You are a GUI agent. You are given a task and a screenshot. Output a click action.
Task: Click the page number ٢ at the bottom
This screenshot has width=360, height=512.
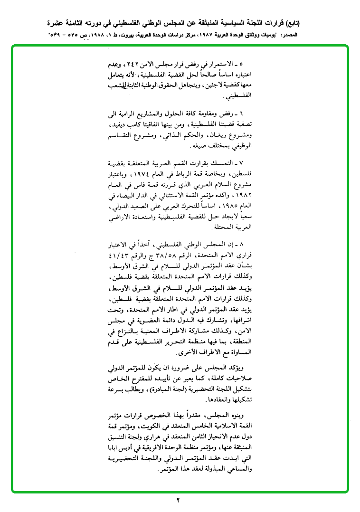pos(179,500)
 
